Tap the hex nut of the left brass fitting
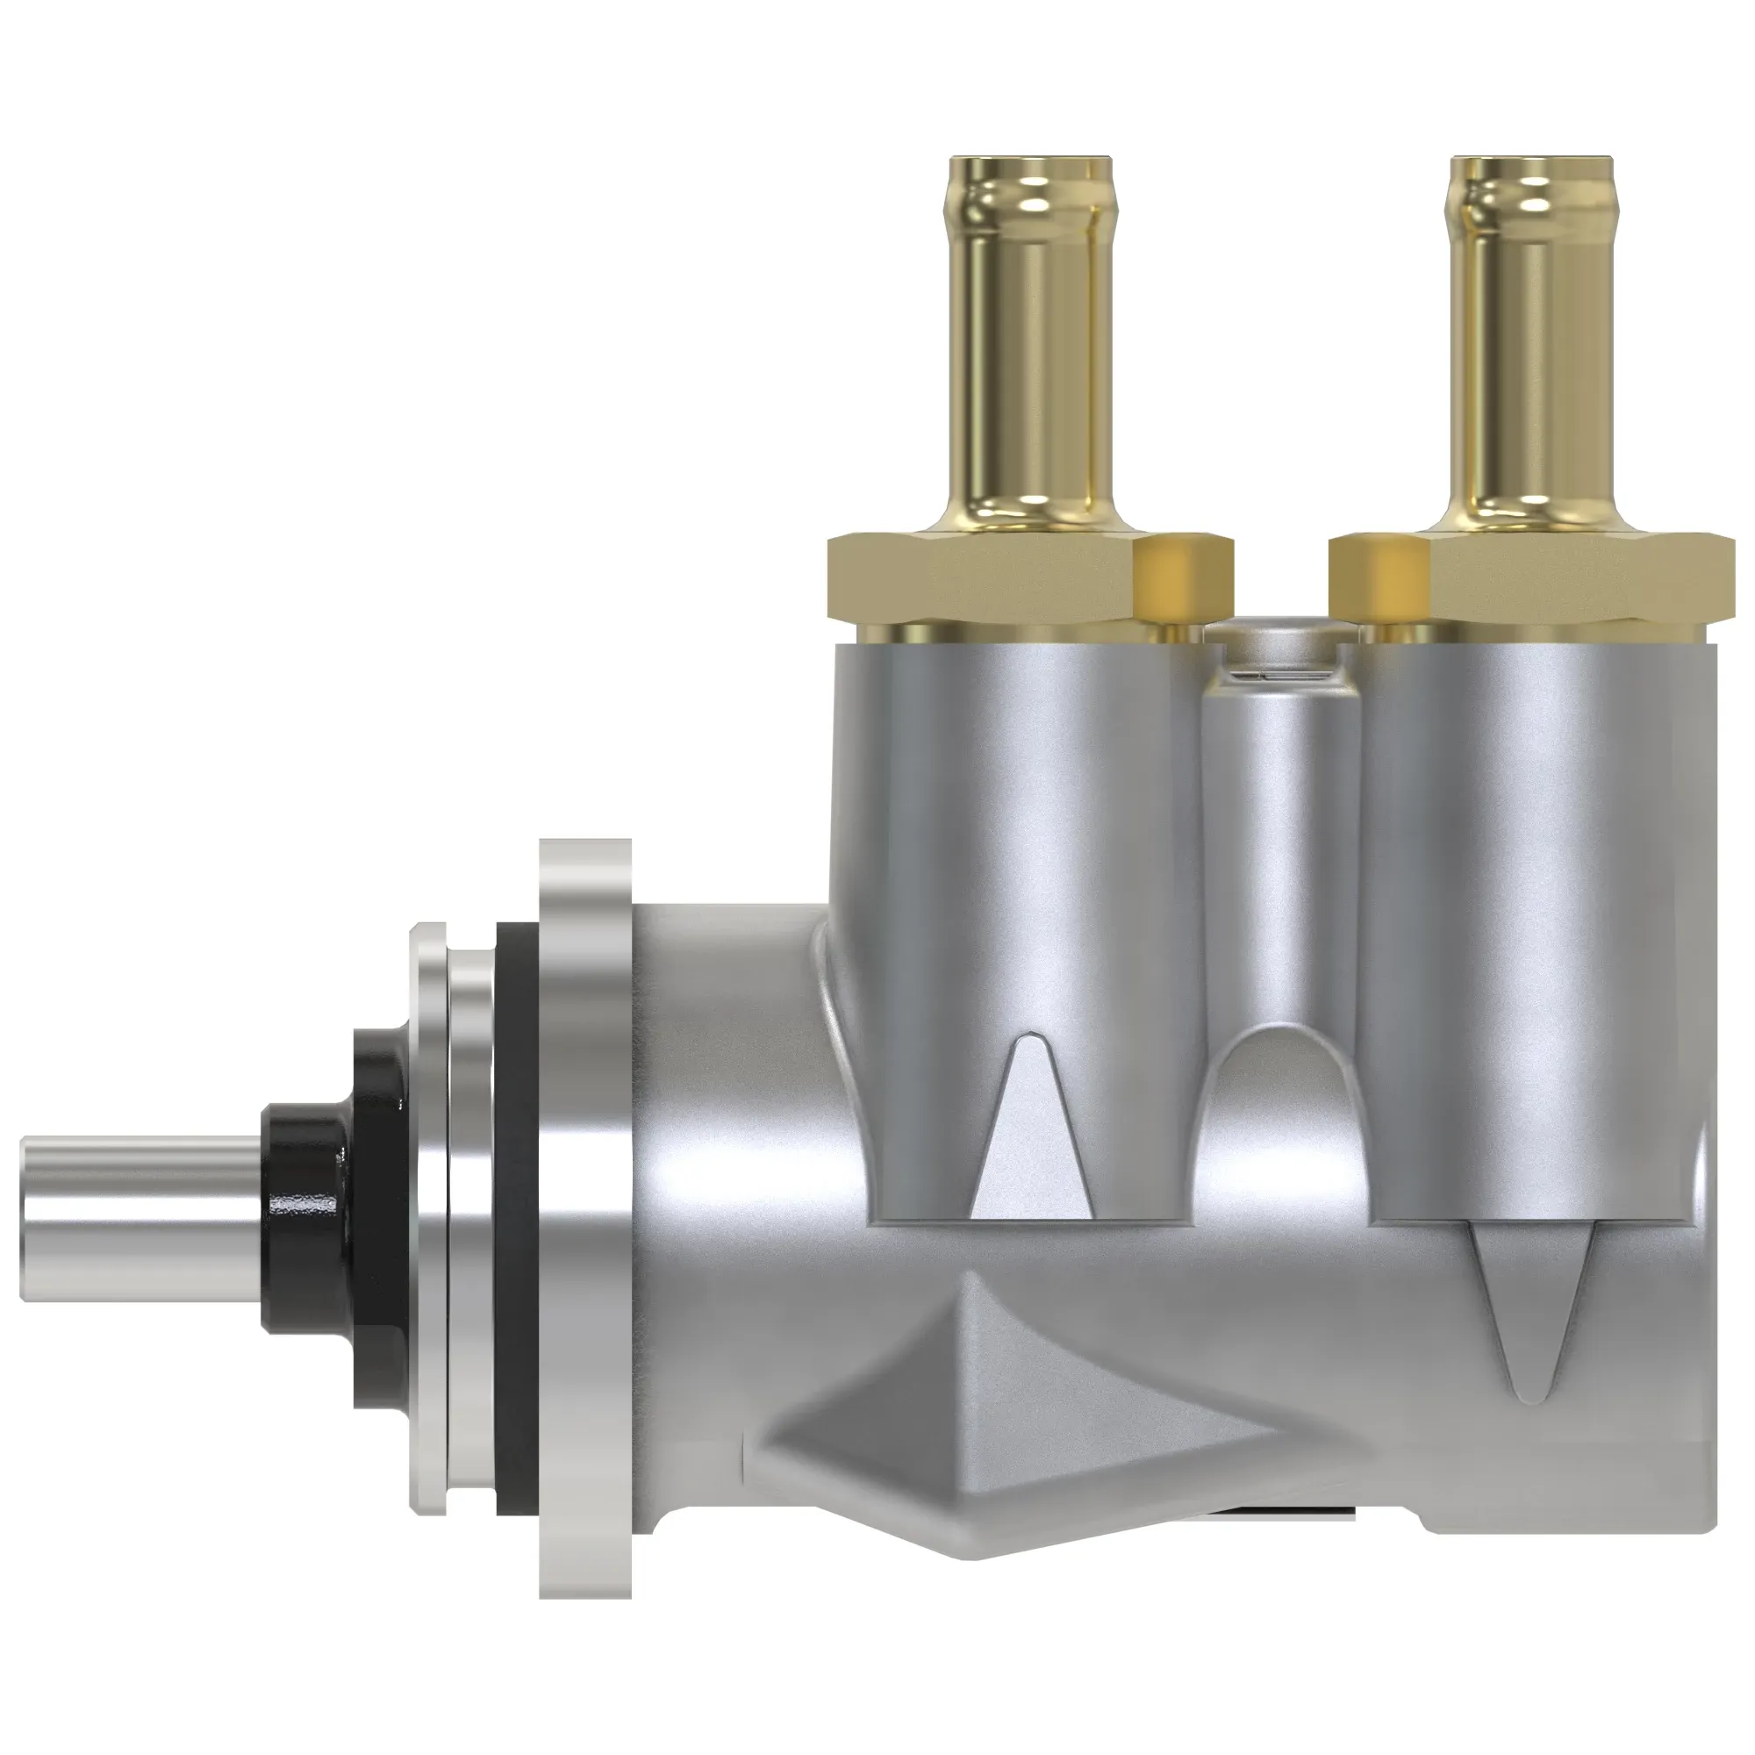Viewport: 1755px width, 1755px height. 981,577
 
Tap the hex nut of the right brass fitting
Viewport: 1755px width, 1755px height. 1580,577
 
